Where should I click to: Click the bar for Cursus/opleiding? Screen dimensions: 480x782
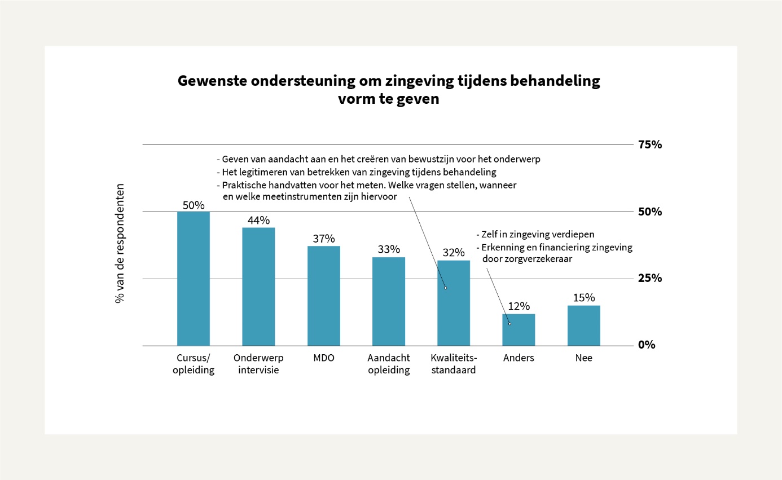click(193, 279)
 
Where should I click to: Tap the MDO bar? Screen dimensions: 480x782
click(323, 296)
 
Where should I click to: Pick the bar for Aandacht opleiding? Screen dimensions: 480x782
click(389, 301)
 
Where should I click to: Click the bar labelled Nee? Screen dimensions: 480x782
click(583, 325)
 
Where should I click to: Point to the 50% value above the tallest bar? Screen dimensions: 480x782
click(193, 205)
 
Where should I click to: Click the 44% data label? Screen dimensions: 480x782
click(258, 221)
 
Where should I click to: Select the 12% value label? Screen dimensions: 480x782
click(519, 307)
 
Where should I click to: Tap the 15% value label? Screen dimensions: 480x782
click(583, 298)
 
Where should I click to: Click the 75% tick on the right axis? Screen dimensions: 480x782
click(649, 145)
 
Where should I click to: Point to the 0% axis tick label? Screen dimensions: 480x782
click(647, 345)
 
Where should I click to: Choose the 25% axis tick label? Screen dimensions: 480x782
click(649, 278)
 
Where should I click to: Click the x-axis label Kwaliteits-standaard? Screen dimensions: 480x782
click(454, 364)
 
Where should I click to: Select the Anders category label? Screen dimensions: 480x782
click(519, 358)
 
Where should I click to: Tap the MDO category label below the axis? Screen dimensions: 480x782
click(323, 358)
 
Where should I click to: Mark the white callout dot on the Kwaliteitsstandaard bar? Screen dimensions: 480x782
click(445, 288)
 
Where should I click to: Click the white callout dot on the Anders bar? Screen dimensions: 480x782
click(509, 323)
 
